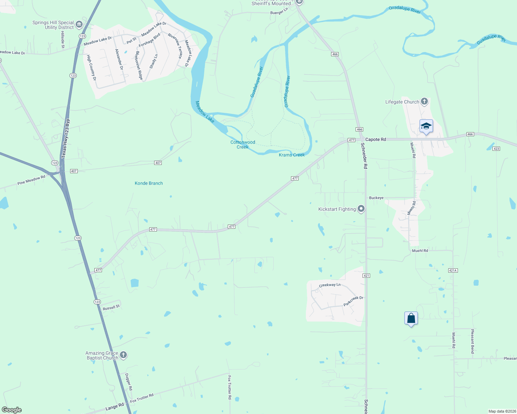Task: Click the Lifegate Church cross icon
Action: pyautogui.click(x=424, y=102)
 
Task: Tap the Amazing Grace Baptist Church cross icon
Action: pyautogui.click(x=123, y=355)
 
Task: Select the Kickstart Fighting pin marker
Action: pyautogui.click(x=361, y=209)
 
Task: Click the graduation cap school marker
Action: pyautogui.click(x=426, y=126)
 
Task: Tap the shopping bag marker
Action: pyautogui.click(x=411, y=318)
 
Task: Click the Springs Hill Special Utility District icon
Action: pyautogui.click(x=79, y=24)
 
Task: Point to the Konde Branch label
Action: pyautogui.click(x=149, y=183)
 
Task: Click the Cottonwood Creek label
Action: pyautogui.click(x=243, y=145)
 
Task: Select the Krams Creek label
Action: pyautogui.click(x=292, y=155)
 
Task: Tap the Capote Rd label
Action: pyautogui.click(x=376, y=139)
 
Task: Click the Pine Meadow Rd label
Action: pyautogui.click(x=31, y=180)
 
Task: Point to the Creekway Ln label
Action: pyautogui.click(x=330, y=285)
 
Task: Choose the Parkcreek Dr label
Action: pyautogui.click(x=353, y=301)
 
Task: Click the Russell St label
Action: pyautogui.click(x=111, y=307)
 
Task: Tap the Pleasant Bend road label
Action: pyautogui.click(x=472, y=341)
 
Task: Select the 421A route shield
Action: pyautogui.click(x=453, y=270)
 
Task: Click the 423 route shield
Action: pyautogui.click(x=496, y=149)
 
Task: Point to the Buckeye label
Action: pyautogui.click(x=376, y=198)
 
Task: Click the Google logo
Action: pyautogui.click(x=12, y=410)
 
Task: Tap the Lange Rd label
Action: pyautogui.click(x=114, y=407)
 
